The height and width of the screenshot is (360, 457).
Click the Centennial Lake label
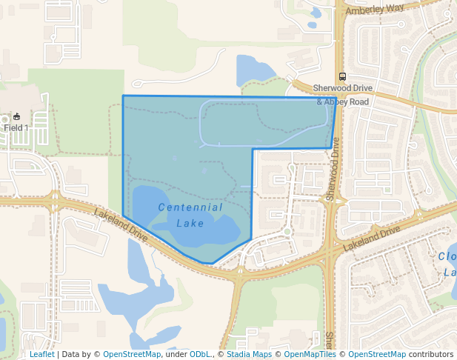click(x=190, y=214)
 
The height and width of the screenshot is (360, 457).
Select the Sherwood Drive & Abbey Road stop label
click(x=342, y=94)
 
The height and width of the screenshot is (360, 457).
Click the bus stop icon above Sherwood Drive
click(x=342, y=76)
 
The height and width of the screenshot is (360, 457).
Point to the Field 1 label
click(x=16, y=127)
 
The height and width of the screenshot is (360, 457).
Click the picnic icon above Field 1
click(x=16, y=116)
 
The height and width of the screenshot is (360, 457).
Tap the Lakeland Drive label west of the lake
click(x=121, y=224)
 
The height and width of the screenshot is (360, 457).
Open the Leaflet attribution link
click(x=41, y=354)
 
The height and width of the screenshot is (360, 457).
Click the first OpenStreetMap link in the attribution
click(x=132, y=354)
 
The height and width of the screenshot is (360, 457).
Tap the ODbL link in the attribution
click(x=200, y=354)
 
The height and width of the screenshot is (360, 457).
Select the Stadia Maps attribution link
click(x=249, y=354)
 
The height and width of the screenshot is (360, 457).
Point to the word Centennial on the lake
click(x=190, y=207)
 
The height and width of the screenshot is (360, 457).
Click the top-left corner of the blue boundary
click(x=123, y=96)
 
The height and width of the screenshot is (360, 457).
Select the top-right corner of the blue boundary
click(x=336, y=97)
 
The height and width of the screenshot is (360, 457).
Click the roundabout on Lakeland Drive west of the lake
click(x=54, y=199)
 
